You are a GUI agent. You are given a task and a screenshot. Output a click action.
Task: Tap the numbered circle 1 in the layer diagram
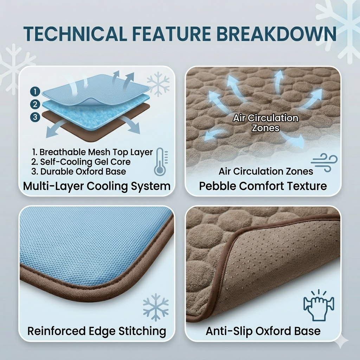pos(35,92)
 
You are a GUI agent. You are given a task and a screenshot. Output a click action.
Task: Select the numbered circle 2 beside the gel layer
pos(35,104)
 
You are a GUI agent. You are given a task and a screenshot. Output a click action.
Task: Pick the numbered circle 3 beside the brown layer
pos(35,117)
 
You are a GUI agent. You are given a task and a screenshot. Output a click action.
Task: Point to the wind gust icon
pos(324,162)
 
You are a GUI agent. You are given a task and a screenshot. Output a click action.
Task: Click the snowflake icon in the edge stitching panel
pos(156,307)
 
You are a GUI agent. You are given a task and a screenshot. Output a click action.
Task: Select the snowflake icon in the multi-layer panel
pos(158,84)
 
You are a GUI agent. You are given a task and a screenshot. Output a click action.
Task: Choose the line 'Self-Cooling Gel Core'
pos(81,162)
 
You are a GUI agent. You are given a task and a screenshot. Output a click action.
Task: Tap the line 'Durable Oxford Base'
pos(79,172)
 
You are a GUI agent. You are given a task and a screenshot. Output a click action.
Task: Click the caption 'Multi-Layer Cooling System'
pos(97,186)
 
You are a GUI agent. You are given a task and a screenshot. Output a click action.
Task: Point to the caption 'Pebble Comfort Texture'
pos(263,186)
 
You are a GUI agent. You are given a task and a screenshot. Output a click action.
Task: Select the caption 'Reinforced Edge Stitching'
pos(97,331)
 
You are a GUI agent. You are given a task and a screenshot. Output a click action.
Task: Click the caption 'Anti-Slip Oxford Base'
pos(263,331)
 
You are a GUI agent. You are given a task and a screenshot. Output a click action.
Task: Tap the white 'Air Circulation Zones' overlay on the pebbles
pos(266,123)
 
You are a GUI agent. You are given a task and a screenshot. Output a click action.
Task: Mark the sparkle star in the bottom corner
pos(341,341)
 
